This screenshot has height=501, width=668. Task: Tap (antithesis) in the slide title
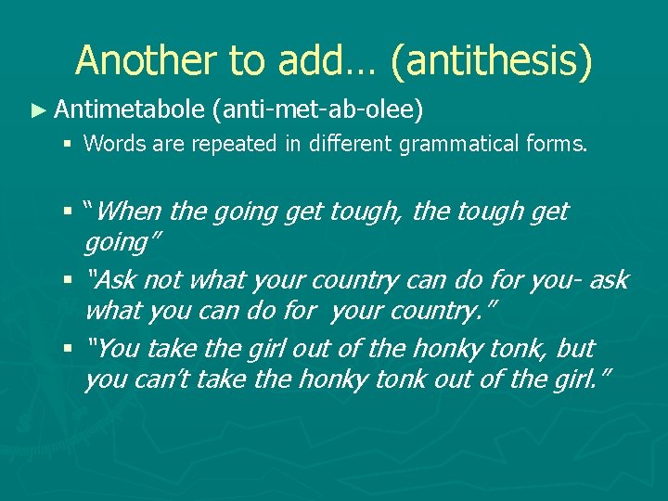point(491,61)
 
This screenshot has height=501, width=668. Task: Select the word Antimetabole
point(129,110)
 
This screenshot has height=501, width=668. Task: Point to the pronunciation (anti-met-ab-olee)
point(316,111)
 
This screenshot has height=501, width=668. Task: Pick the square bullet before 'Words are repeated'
point(71,144)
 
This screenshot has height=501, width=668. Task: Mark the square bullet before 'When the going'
point(71,212)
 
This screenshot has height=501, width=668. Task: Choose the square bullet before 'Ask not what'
point(71,280)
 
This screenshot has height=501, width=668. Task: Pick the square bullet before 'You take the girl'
point(71,349)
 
